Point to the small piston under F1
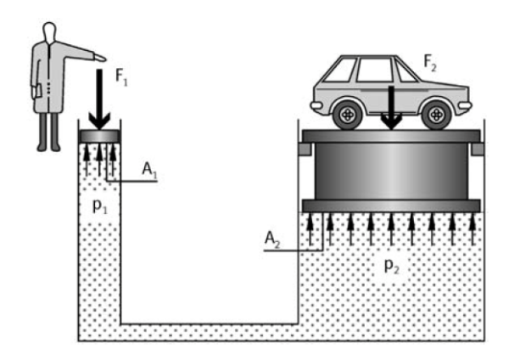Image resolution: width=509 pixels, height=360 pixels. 99,136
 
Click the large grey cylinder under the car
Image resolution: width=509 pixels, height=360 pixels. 391,171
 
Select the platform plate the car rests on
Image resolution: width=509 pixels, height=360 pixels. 391,135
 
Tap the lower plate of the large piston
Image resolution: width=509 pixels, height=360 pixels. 391,205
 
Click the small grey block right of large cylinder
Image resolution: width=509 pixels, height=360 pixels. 477,150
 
